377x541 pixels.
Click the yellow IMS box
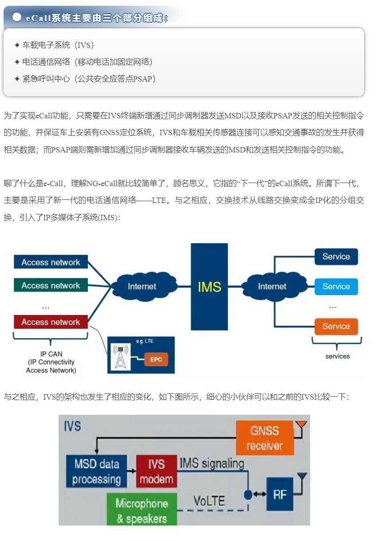209,286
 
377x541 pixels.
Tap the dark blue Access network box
51,262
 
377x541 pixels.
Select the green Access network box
51,286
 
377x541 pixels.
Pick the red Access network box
51,322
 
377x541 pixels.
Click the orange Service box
336,327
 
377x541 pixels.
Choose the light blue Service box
336,287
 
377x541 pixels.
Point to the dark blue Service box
336,257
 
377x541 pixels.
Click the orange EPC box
156,359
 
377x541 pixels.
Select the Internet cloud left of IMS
142,286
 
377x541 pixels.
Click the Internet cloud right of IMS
272,286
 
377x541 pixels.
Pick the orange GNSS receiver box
265,438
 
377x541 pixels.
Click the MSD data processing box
97,471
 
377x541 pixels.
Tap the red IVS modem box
156,471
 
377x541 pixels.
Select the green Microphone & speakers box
142,510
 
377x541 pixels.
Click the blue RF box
279,494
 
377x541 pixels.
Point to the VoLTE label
209,501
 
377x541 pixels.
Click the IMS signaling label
212,463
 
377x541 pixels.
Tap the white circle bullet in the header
17,17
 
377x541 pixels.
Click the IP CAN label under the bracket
51,362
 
